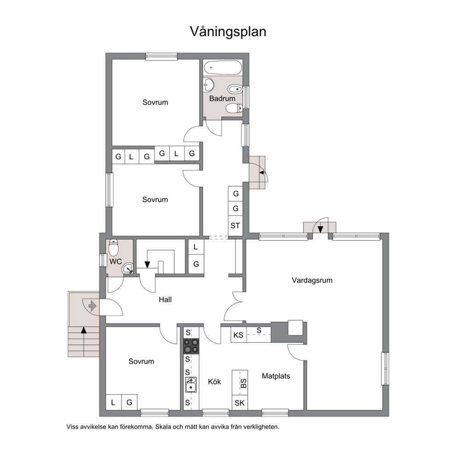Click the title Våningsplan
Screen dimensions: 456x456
(x=228, y=32)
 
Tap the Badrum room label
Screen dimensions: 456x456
(x=222, y=98)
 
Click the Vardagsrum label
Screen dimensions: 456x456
(x=312, y=280)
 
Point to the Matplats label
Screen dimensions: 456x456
(x=276, y=376)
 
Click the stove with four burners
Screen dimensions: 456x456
(x=191, y=346)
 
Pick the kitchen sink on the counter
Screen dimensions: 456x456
(x=191, y=385)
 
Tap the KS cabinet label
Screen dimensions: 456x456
(x=238, y=335)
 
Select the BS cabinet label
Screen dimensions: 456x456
(x=244, y=383)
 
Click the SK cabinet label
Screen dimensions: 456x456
(x=239, y=403)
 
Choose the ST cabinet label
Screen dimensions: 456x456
(x=235, y=226)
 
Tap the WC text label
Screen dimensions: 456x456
(x=115, y=262)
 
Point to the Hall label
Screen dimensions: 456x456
(x=165, y=300)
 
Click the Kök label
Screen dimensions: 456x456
(x=215, y=382)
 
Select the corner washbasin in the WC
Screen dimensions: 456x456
(x=128, y=268)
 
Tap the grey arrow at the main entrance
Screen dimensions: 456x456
(x=92, y=306)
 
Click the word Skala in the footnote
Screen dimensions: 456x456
(x=164, y=427)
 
